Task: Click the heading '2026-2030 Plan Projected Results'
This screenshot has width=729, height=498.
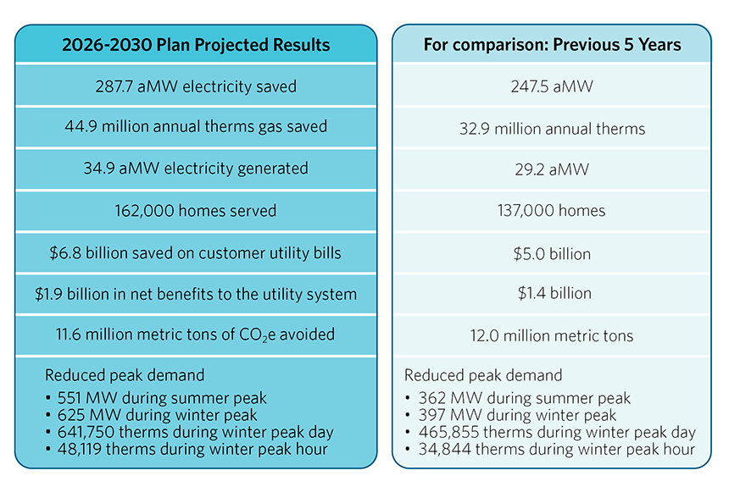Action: pyautogui.click(x=196, y=45)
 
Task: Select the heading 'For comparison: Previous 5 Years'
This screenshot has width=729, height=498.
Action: pyautogui.click(x=552, y=45)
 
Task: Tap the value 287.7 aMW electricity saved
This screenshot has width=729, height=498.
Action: pyautogui.click(x=196, y=86)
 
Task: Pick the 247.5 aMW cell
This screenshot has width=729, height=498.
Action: pyautogui.click(x=552, y=86)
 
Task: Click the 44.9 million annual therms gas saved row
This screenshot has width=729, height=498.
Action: pyautogui.click(x=196, y=127)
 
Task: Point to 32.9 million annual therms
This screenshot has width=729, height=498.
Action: pyautogui.click(x=552, y=129)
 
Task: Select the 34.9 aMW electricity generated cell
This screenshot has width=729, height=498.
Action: pyautogui.click(x=196, y=169)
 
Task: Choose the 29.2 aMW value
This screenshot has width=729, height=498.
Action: pyautogui.click(x=552, y=169)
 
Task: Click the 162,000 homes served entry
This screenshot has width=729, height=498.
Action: pyautogui.click(x=196, y=210)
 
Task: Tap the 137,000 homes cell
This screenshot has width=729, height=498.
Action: pyautogui.click(x=552, y=211)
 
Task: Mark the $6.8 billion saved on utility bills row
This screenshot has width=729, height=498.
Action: pyautogui.click(x=196, y=252)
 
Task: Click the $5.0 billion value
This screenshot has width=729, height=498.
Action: pyautogui.click(x=552, y=253)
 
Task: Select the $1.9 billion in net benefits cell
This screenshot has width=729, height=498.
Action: pyautogui.click(x=196, y=294)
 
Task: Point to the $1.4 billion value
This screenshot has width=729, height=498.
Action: pyautogui.click(x=552, y=294)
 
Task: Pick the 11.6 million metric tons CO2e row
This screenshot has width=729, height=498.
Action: pyautogui.click(x=196, y=335)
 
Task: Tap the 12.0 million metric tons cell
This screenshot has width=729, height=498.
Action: pyautogui.click(x=552, y=335)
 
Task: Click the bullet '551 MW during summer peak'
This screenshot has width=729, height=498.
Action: pyautogui.click(x=162, y=398)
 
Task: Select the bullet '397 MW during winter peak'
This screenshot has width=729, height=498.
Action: pyautogui.click(x=517, y=416)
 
